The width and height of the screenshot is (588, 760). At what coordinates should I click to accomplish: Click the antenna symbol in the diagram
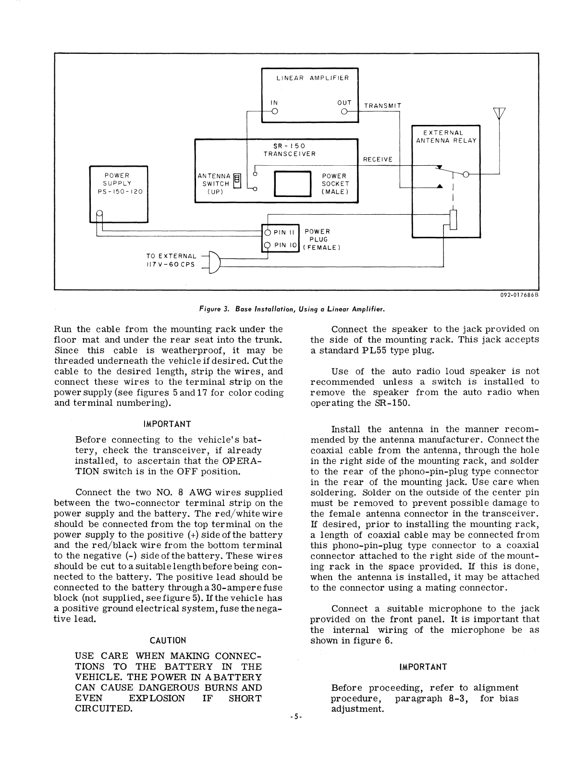(500, 113)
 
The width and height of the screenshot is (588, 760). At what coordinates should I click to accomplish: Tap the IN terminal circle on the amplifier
(274, 112)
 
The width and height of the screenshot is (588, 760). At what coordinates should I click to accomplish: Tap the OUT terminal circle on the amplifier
(344, 112)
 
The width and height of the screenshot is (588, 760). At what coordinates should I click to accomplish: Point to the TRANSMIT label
(383, 106)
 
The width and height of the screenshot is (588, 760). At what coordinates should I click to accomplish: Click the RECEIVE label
(378, 159)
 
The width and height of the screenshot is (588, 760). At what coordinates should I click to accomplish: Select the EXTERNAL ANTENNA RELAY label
(446, 136)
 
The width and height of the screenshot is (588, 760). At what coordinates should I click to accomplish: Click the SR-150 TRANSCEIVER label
(289, 149)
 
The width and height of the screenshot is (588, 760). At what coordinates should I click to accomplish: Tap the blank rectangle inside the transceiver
(293, 184)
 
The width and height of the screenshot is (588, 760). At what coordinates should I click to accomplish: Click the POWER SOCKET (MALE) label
(334, 184)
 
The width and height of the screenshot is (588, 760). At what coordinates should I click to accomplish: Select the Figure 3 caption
(293, 307)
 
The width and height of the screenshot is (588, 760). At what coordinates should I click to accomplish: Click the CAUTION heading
(168, 640)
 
